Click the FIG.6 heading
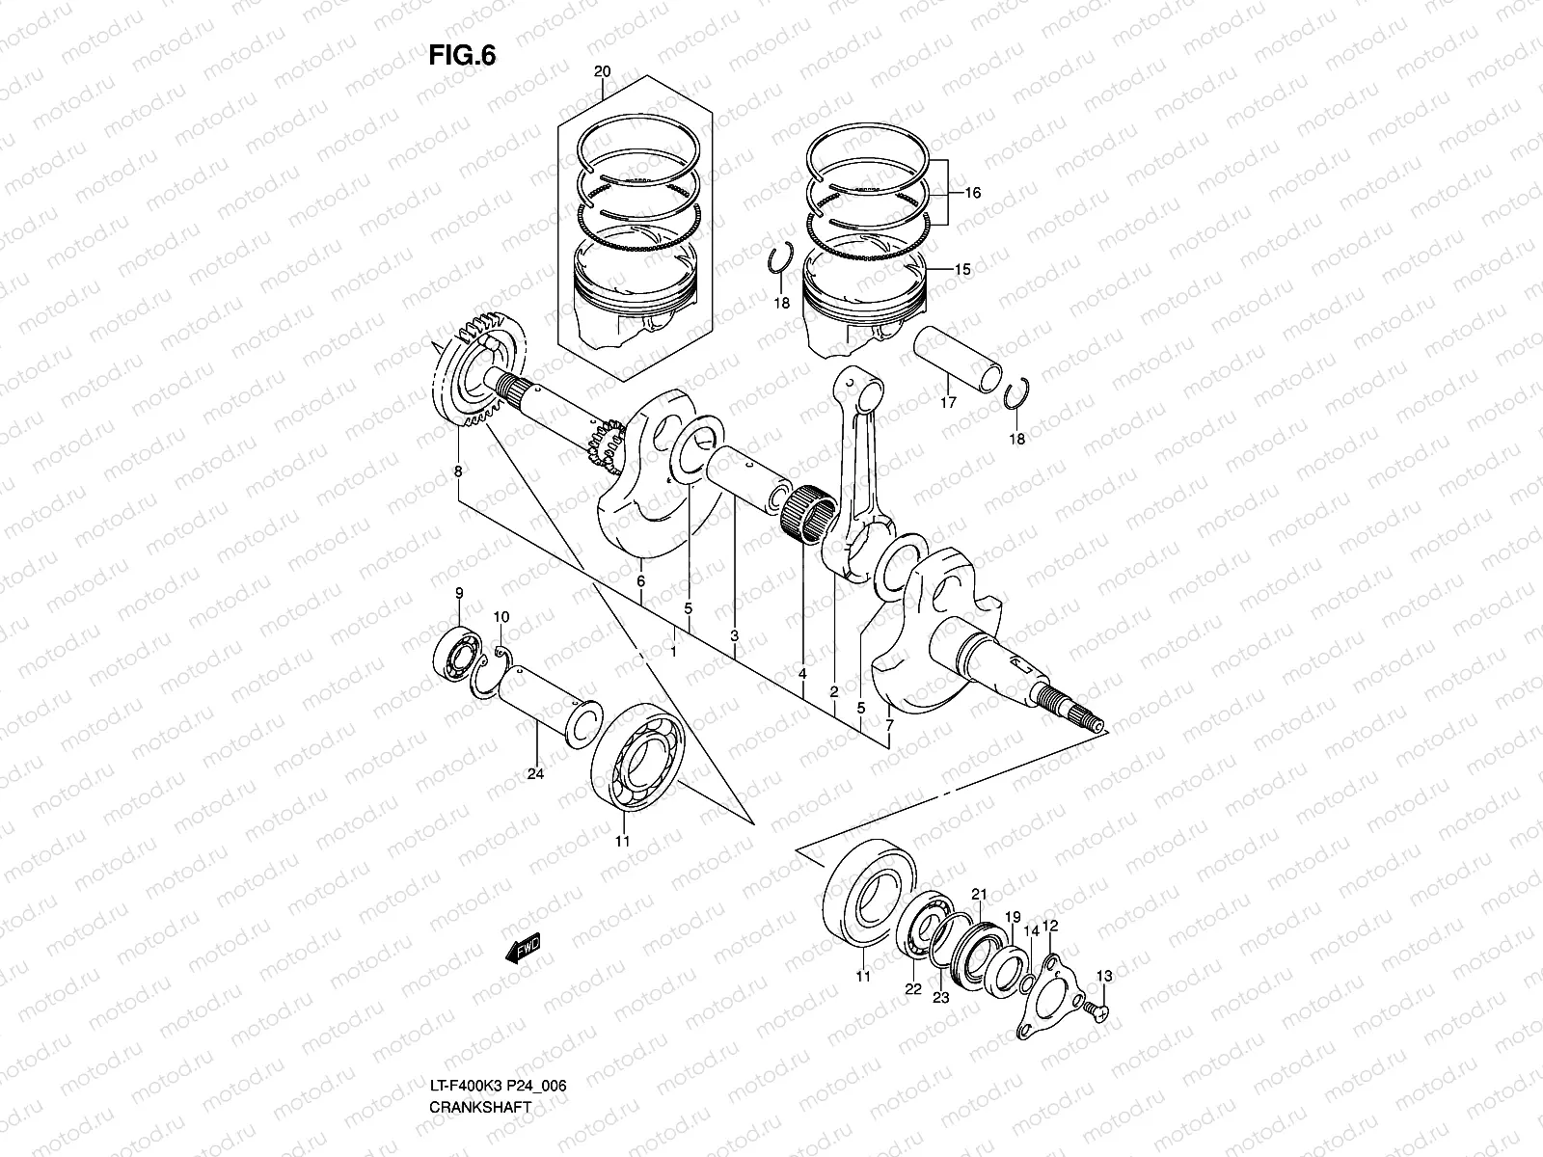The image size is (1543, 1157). [x=462, y=56]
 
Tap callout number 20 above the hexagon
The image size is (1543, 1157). [x=603, y=72]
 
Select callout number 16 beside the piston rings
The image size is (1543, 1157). [x=971, y=193]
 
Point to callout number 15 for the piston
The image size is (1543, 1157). [x=962, y=270]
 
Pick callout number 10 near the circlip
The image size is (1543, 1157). [x=501, y=616]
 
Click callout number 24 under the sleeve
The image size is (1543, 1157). [x=536, y=773]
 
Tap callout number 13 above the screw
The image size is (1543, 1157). [x=1104, y=977]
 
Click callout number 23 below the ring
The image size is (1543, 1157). [x=940, y=998]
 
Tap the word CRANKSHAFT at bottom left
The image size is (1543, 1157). [x=480, y=1107]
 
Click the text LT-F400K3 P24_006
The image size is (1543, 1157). [x=498, y=1086]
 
